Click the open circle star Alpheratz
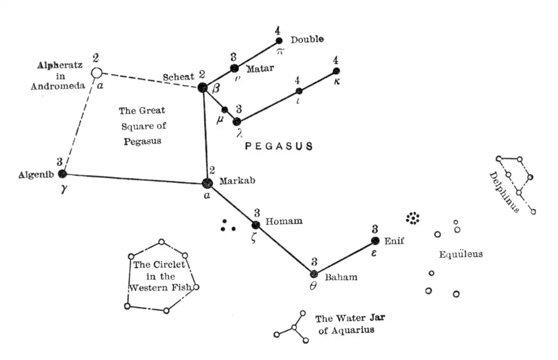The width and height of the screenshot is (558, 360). click(x=96, y=72)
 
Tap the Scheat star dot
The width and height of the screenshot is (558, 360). click(x=203, y=87)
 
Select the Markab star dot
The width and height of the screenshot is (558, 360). click(x=207, y=184)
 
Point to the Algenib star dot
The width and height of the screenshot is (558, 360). click(x=62, y=174)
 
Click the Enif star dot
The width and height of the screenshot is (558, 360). click(x=375, y=241)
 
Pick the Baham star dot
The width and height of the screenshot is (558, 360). click(x=314, y=274)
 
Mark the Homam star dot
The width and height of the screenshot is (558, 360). click(x=256, y=225)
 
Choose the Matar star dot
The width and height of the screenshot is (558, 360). click(x=234, y=68)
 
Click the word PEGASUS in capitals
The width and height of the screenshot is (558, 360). click(x=278, y=146)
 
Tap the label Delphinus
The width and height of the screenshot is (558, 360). click(x=505, y=192)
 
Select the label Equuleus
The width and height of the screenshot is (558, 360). click(x=461, y=254)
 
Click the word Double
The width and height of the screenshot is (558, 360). click(x=307, y=39)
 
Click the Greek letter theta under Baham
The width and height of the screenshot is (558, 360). click(x=313, y=286)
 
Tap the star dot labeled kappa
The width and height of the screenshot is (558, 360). click(x=336, y=71)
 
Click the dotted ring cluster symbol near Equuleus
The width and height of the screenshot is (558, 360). click(x=414, y=218)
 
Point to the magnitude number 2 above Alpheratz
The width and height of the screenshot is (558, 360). click(x=96, y=58)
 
